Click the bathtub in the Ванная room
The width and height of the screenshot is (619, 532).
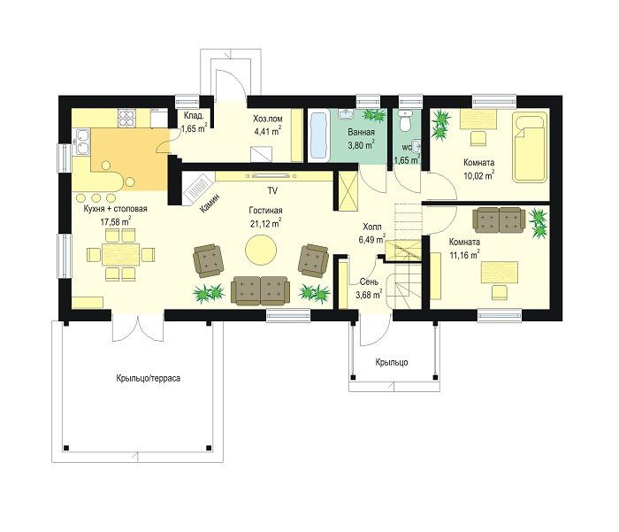click(x=319, y=136)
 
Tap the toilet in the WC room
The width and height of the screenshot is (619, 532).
click(x=405, y=120)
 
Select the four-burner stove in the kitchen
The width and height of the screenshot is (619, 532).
click(x=126, y=118)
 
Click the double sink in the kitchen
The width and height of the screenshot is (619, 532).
click(x=83, y=142)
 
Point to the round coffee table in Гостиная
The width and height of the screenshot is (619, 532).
click(x=261, y=250)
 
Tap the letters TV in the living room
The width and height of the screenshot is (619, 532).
click(x=272, y=191)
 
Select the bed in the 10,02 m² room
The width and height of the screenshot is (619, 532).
click(x=530, y=147)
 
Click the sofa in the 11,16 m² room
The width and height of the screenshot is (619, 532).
click(x=500, y=220)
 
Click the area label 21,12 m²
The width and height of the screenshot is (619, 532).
click(x=265, y=223)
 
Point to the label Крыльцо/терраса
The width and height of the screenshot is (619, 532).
click(x=149, y=378)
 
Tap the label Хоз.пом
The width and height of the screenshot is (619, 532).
click(x=268, y=119)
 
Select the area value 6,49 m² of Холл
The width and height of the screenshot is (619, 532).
click(x=372, y=239)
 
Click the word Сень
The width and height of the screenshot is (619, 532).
click(x=369, y=281)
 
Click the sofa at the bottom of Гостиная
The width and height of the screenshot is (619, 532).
click(x=260, y=290)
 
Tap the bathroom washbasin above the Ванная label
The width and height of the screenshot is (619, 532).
click(x=347, y=114)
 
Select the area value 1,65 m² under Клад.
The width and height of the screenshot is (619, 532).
click(x=194, y=128)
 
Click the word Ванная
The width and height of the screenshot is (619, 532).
click(x=361, y=133)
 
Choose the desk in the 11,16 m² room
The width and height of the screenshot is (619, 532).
click(x=500, y=273)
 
